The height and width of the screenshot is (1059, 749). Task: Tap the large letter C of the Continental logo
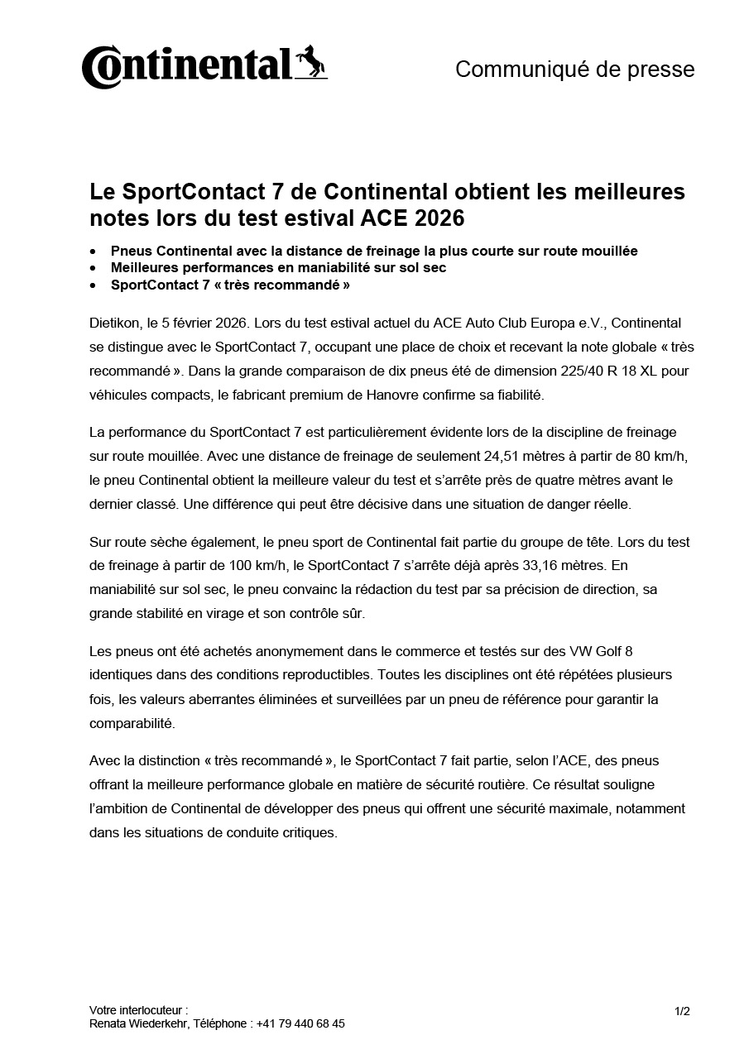coord(97,69)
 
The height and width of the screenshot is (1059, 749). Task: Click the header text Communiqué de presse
coord(574,69)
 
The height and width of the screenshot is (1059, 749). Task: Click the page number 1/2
coord(682,1011)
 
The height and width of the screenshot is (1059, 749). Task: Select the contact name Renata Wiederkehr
coord(138,1023)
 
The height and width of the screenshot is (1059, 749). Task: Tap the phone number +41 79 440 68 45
coord(300,1023)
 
